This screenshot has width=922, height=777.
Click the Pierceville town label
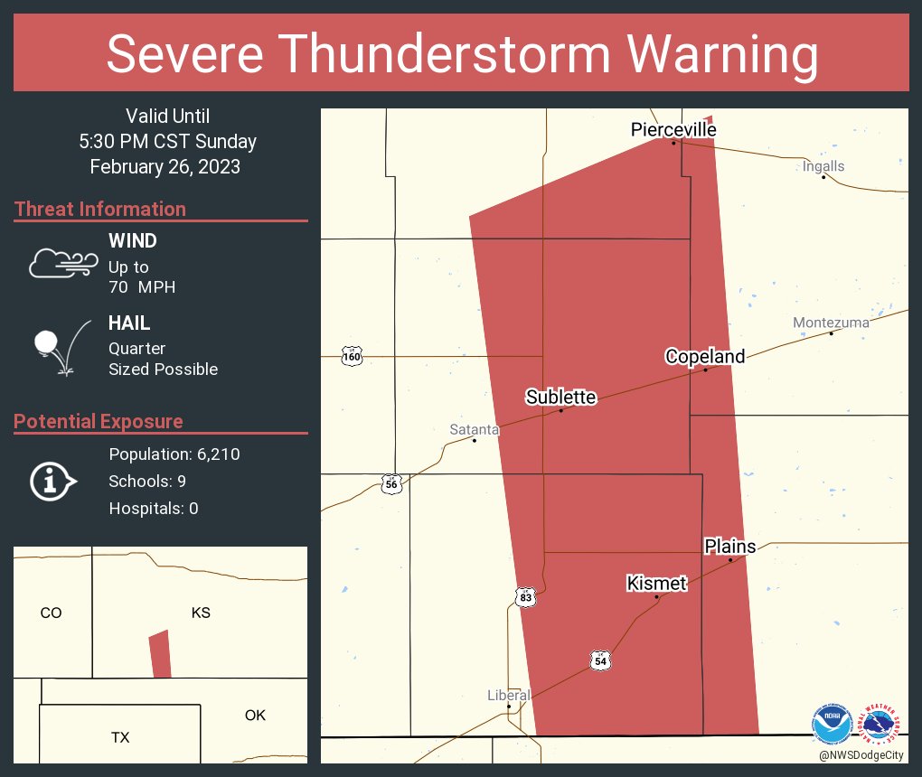click(673, 130)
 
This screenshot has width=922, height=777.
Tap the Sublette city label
click(561, 397)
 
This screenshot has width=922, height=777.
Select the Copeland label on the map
click(705, 356)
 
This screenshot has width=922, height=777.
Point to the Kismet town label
click(657, 584)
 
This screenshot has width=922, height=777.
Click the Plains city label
click(730, 547)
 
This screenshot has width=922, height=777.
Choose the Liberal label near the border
click(509, 695)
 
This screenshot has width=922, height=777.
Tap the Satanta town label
click(475, 430)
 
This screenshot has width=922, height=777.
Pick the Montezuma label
click(831, 323)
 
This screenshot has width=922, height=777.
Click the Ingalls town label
click(823, 166)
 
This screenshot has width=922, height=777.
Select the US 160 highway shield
click(352, 357)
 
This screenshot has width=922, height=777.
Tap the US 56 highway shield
click(390, 483)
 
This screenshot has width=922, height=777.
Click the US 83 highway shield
click(526, 597)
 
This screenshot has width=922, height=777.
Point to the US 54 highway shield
click(600, 661)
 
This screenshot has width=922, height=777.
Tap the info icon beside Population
click(52, 481)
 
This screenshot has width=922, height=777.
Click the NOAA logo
click(832, 724)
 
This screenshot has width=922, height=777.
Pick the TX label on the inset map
click(120, 737)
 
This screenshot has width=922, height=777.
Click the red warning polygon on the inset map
click(160, 654)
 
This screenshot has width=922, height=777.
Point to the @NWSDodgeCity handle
click(862, 754)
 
